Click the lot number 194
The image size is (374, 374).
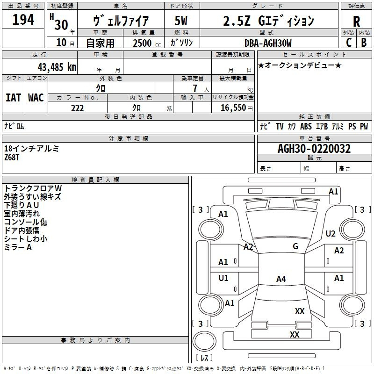click(23, 20)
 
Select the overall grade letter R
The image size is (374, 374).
click(356, 22)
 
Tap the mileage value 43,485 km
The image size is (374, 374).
click(57, 67)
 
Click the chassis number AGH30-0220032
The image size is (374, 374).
click(314, 149)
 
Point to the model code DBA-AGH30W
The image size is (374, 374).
click(268, 43)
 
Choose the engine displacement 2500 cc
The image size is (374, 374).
click(147, 43)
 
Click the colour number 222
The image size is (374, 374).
click(77, 108)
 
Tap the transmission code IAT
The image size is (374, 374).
click(14, 98)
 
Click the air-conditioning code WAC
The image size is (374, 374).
click(36, 98)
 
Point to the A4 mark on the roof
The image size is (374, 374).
click(281, 279)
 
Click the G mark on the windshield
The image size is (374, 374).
click(295, 246)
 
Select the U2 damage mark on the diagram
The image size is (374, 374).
click(331, 233)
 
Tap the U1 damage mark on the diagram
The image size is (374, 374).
click(223, 278)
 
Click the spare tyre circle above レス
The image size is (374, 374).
click(204, 341)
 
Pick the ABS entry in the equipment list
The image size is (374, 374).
click(306, 126)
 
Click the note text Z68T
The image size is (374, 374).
click(11, 158)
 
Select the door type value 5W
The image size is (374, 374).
click(181, 21)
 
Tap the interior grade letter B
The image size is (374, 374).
click(364, 43)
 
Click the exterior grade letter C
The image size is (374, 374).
click(349, 43)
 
